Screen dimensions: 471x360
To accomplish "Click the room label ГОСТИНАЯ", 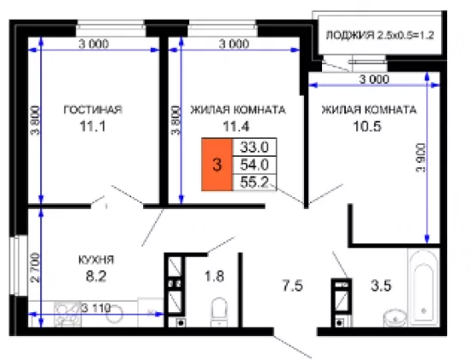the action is click(92, 110).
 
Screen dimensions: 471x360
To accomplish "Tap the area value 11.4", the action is click(235, 126).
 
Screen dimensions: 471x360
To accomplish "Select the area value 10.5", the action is click(367, 126).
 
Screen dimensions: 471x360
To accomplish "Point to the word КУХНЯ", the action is click(96, 260).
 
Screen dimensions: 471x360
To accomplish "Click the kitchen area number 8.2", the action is click(96, 276).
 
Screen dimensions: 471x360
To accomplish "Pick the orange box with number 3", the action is click(217, 165).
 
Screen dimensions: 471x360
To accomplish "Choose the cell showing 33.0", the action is click(254, 147).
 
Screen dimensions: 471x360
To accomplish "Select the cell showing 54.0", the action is click(254, 165).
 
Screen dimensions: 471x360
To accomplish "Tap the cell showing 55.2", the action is click(254, 183).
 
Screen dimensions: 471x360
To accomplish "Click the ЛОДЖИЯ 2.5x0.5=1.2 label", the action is click(380, 35).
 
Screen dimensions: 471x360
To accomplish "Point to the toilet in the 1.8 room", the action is click(219, 312).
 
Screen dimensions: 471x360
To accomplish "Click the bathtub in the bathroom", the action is click(424, 286).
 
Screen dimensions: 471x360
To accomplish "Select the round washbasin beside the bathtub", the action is click(395, 317).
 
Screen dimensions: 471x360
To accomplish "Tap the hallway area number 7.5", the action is click(293, 285).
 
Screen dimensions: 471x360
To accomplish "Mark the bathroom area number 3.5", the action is click(381, 285).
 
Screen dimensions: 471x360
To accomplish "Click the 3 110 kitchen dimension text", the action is click(96, 309).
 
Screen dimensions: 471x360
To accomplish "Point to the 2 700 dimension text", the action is click(35, 267).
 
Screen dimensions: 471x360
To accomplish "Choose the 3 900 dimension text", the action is click(420, 158).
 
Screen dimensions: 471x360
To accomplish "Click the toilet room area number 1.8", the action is click(214, 276).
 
